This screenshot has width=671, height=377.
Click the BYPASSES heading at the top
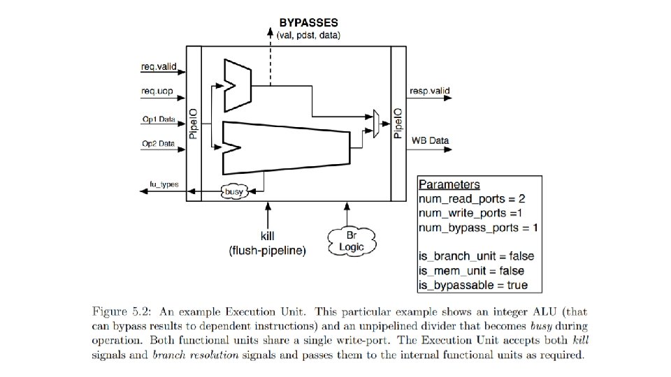coord(309,23)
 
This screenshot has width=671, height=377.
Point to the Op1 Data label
coord(158,119)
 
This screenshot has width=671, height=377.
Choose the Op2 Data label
coord(158,144)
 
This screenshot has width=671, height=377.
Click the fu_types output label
coord(164,184)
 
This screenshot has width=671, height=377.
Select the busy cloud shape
coord(234,191)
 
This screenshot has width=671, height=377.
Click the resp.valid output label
coord(430,90)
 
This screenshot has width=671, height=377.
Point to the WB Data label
coord(430,140)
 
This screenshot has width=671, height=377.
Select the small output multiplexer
coord(377,123)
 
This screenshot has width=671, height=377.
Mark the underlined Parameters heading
coord(449,185)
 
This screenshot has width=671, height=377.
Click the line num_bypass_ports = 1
coord(477,228)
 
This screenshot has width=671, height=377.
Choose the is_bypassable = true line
coord(473,285)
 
